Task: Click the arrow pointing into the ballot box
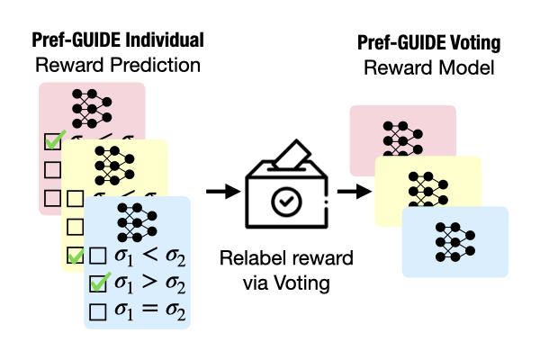(x=218, y=191)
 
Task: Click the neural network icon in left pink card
(x=90, y=107)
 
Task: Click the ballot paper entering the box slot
(x=288, y=159)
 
